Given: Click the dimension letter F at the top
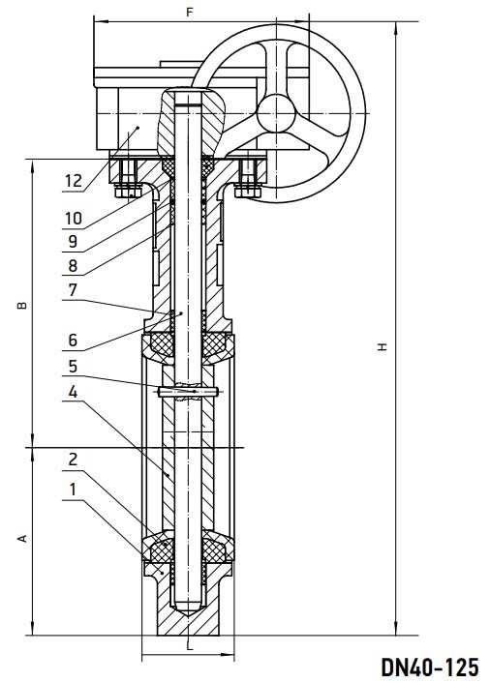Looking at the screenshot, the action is click(x=189, y=12).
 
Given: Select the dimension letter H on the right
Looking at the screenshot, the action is click(x=383, y=346).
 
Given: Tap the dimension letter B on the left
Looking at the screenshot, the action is click(x=22, y=306).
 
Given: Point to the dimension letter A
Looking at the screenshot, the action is click(x=22, y=539).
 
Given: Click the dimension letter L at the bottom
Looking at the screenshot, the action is click(x=189, y=646).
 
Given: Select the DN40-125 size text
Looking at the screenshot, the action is click(x=430, y=667).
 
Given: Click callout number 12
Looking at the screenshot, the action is click(x=74, y=180).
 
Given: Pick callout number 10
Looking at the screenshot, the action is click(x=74, y=219).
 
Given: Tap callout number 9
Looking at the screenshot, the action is click(x=73, y=241).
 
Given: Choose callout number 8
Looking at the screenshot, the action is click(x=73, y=265).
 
